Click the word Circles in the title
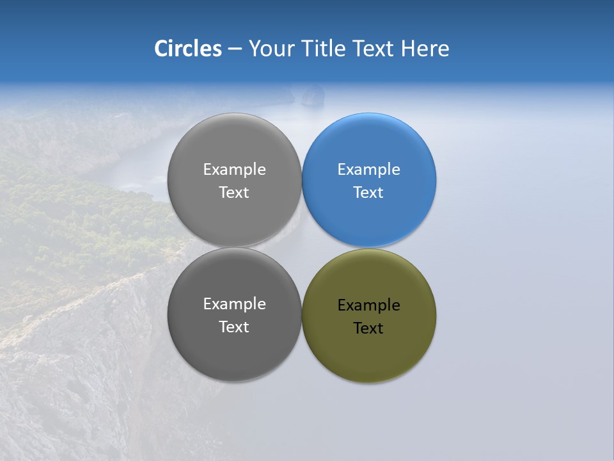click(x=188, y=49)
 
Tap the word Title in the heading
click(x=326, y=49)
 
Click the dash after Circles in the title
click(x=235, y=49)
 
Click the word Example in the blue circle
click(x=369, y=170)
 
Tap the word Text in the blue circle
click(x=368, y=193)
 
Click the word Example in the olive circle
click(x=369, y=305)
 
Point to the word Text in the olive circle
click(x=368, y=328)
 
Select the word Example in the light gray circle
click(x=234, y=170)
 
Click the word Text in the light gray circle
click(x=234, y=193)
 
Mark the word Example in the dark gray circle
click(x=234, y=304)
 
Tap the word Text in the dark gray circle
click(x=234, y=327)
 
